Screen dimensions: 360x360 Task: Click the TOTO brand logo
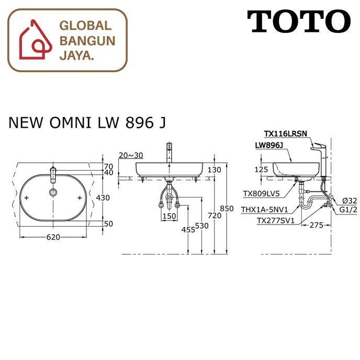coord(299,21)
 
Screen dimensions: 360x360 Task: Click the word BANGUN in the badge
coord(86,40)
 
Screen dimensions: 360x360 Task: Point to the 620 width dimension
coord(53,237)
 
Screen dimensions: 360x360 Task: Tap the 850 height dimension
coord(227,208)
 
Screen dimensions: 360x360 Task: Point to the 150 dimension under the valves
coord(169,216)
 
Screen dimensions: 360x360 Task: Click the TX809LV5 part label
coord(262,193)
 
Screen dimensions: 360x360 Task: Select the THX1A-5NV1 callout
coord(263,209)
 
